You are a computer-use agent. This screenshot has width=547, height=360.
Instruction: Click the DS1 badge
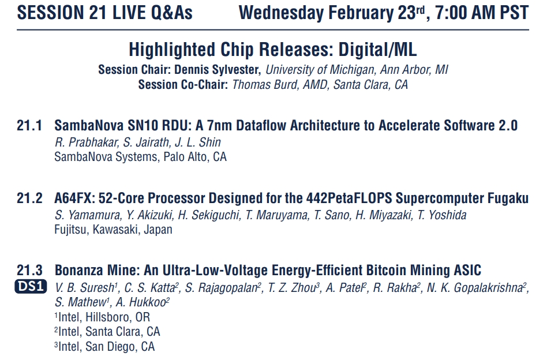click(31, 286)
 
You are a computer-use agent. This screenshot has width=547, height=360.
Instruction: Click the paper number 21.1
click(29, 126)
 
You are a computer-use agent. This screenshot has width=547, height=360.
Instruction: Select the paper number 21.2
click(29, 198)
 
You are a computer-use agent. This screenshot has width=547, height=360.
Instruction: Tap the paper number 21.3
click(29, 271)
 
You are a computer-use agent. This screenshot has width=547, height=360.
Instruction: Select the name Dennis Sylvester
click(218, 70)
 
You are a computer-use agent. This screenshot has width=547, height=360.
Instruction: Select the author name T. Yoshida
click(442, 215)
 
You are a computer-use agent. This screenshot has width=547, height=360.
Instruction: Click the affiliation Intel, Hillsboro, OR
click(102, 317)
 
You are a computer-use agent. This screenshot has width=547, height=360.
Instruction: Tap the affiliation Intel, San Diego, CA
click(104, 346)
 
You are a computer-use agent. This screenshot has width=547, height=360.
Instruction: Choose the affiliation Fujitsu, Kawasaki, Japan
click(113, 230)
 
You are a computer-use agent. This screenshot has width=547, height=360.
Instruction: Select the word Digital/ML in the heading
click(377, 50)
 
